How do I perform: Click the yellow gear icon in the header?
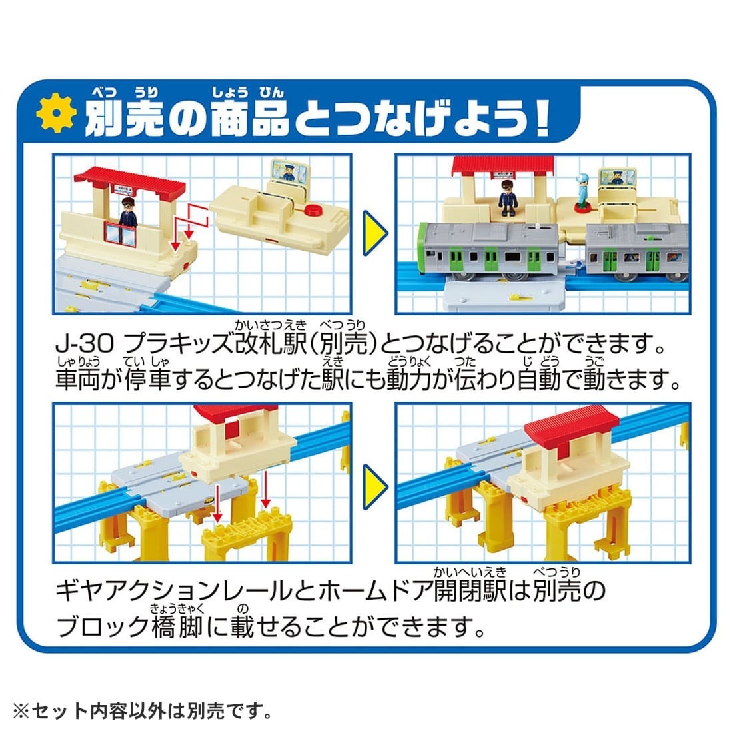56,115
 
